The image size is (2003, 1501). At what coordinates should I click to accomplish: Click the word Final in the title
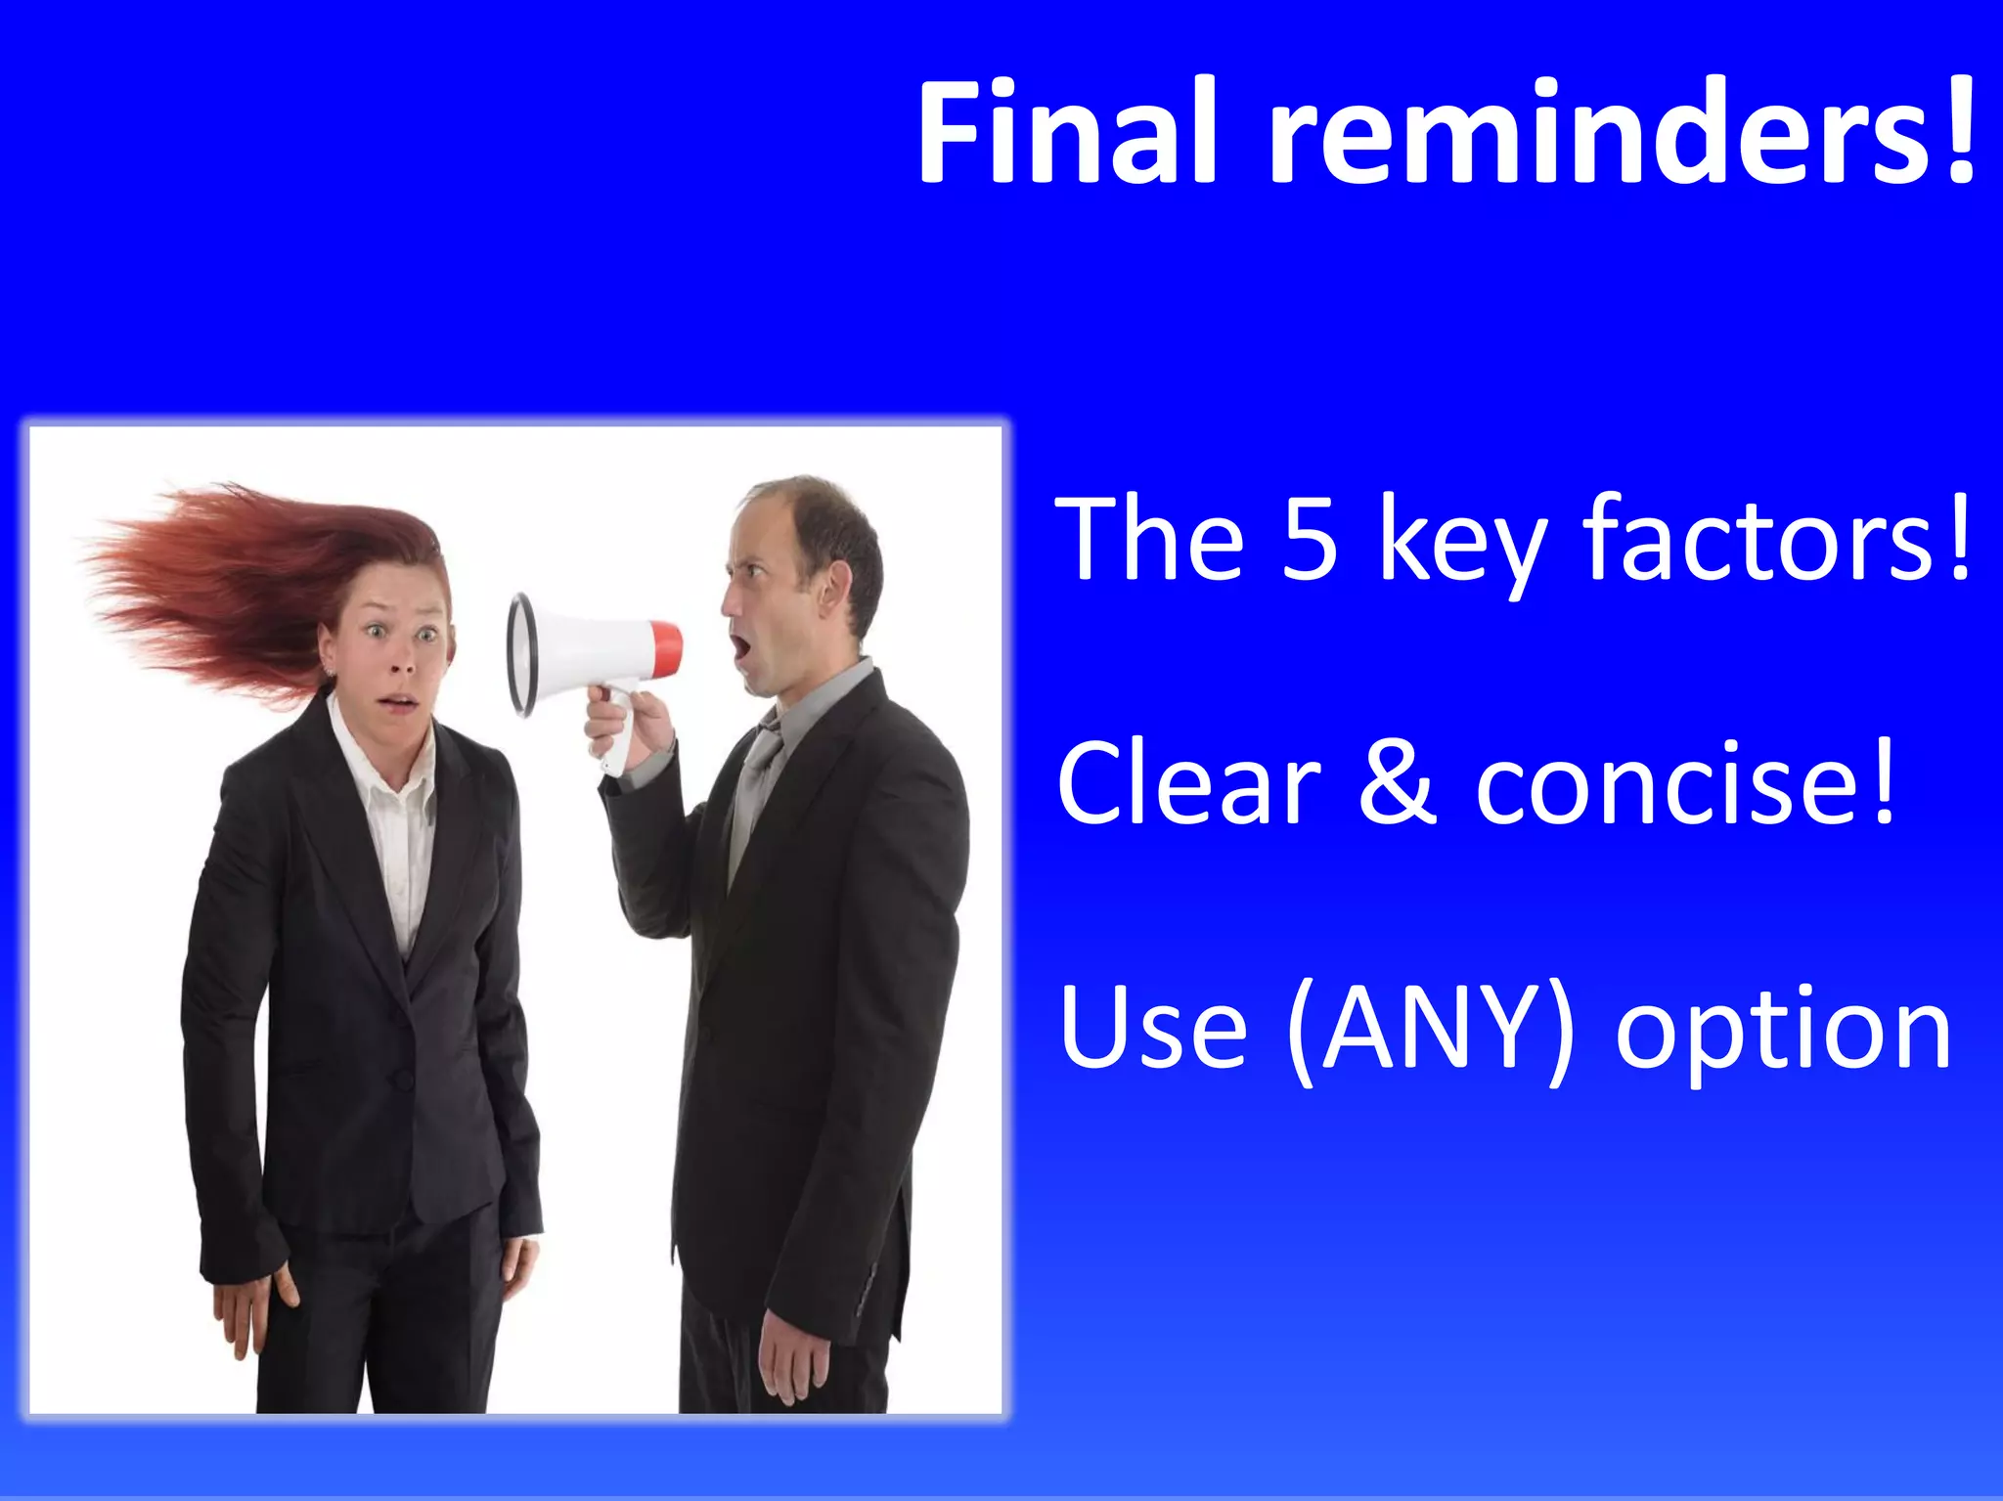pyautogui.click(x=1066, y=132)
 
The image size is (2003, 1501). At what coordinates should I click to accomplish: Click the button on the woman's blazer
pyautogui.click(x=402, y=1079)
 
